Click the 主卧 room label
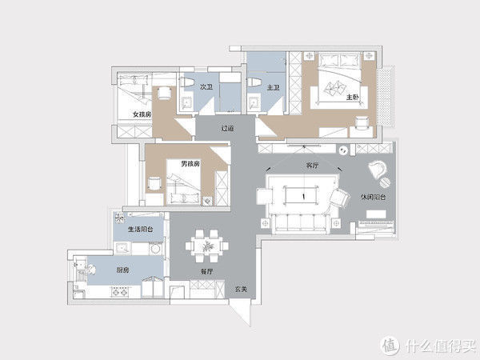tap(353, 98)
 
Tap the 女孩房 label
tap(142, 114)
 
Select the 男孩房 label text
tap(190, 164)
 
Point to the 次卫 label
tap(206, 87)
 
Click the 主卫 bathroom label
tap(274, 88)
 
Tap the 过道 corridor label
tap(227, 128)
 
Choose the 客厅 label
tap(312, 166)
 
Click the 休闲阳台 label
tap(373, 197)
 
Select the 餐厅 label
tap(206, 271)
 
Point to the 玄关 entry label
tap(241, 289)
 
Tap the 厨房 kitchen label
tap(123, 270)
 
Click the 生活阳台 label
tap(141, 229)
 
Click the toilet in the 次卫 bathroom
tap(187, 82)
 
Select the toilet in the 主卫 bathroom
tap(254, 82)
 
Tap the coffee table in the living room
tap(302, 195)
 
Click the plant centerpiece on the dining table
tap(206, 246)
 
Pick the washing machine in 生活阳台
tap(156, 248)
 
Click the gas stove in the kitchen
tap(120, 292)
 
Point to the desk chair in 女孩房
tap(165, 93)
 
